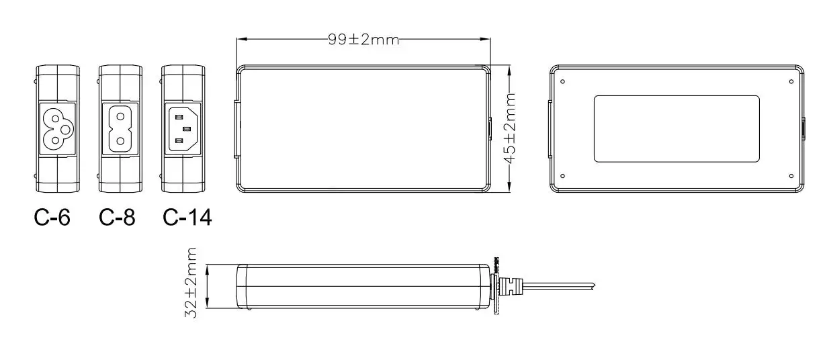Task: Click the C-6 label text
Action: (52, 217)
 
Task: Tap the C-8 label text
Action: (117, 217)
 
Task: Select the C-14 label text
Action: (187, 217)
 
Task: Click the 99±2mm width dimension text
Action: (363, 40)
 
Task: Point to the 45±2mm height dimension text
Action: (510, 128)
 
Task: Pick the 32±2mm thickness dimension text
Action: (191, 283)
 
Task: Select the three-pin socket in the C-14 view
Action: (183, 129)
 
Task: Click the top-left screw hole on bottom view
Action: (562, 81)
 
